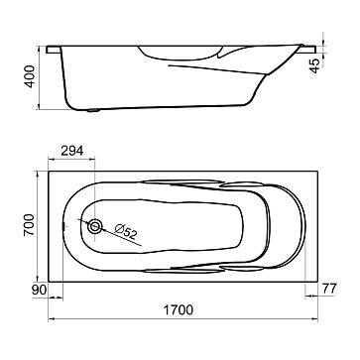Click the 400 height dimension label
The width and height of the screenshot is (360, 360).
30,76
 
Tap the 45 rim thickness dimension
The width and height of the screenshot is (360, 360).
314,65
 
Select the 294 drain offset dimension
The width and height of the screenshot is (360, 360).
72,151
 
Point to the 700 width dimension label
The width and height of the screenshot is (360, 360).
29,225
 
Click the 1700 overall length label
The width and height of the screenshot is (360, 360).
179,309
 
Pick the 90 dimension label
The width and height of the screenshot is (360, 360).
40,290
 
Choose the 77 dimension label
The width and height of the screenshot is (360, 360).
329,289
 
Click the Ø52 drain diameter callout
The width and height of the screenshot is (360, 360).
126,231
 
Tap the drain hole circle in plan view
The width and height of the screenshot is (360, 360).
95,226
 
